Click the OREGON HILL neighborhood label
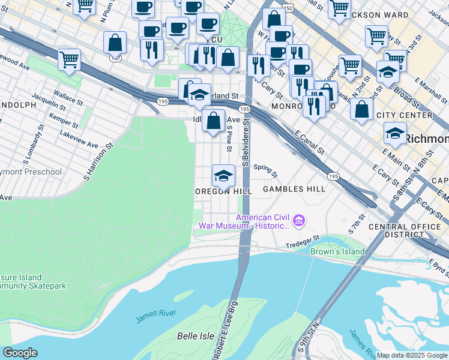point(221,190)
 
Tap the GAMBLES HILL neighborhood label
point(294,189)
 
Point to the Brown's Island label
point(337,251)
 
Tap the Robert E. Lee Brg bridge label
point(226,337)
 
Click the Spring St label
point(265,171)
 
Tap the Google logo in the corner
point(19,353)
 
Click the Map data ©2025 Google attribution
point(411,355)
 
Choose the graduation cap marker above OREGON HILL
point(223,176)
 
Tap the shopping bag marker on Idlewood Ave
point(213,121)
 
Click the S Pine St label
point(229,138)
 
